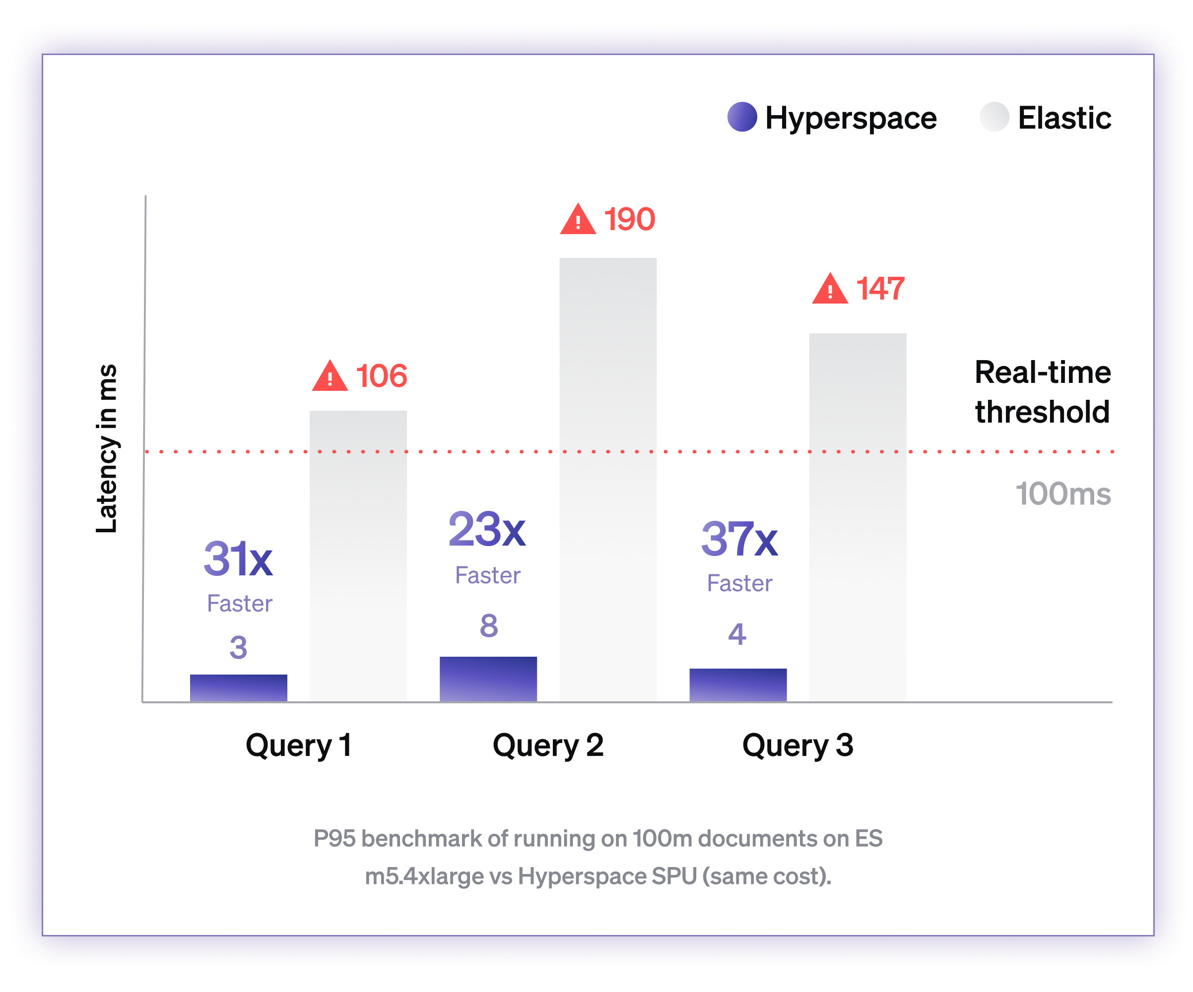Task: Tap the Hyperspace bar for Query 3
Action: coord(738,685)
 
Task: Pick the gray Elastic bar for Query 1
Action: coord(358,556)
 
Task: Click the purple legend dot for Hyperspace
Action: coord(742,117)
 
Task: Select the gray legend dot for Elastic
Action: coord(994,117)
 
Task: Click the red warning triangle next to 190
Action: coord(578,220)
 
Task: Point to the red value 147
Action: coord(880,289)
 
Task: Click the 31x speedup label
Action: coord(238,559)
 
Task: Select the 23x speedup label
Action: coord(487,530)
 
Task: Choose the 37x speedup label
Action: coord(739,540)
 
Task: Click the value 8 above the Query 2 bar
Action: coord(488,626)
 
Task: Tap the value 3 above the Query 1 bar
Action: coord(238,648)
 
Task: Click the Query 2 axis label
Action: coord(548,745)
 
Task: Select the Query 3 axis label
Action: coord(797,745)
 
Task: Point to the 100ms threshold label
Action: coord(1062,494)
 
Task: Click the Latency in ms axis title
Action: coord(107,448)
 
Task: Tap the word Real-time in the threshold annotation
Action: coord(1043,373)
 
